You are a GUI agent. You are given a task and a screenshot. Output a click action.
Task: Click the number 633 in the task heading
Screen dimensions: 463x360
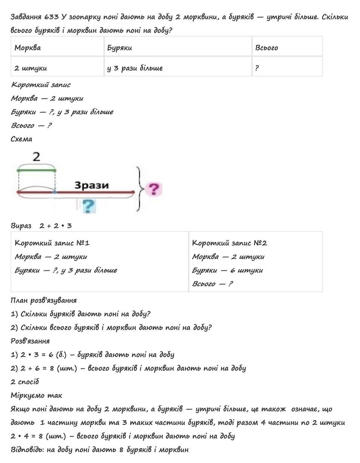(51, 17)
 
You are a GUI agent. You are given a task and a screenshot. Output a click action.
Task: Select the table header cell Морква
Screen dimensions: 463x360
(28, 48)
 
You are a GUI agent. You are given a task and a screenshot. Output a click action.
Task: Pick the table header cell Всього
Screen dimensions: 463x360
(266, 48)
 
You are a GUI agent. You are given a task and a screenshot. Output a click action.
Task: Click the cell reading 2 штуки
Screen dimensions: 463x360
(31, 68)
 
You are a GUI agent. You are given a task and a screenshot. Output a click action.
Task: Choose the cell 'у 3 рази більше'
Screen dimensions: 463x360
(135, 68)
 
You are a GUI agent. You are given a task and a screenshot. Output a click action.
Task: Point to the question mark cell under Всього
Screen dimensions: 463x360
(257, 68)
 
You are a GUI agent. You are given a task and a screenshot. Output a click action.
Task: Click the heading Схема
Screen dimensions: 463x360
(22, 139)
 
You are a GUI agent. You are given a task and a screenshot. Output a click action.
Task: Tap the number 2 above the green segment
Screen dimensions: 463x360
(36, 157)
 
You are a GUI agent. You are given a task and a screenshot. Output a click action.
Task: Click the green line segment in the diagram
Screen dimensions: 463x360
(37, 170)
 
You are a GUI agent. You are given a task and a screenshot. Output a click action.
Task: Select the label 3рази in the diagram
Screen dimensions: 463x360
(91, 185)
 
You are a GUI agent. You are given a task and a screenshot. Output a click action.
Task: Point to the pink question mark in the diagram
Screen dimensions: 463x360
(154, 189)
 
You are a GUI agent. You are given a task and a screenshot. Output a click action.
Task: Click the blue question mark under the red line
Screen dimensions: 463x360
(89, 206)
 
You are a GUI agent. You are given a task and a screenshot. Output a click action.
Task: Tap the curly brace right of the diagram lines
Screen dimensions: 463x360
(140, 189)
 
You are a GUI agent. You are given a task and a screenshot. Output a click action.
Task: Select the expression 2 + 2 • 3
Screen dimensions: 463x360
(55, 226)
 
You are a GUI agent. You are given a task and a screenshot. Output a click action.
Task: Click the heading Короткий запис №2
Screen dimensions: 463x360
(229, 243)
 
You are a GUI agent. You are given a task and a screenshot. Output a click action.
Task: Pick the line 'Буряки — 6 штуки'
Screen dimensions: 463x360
(227, 270)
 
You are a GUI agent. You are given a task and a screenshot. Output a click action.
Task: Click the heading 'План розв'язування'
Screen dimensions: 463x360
(43, 300)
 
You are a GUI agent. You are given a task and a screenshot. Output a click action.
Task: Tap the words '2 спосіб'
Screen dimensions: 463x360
(25, 382)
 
